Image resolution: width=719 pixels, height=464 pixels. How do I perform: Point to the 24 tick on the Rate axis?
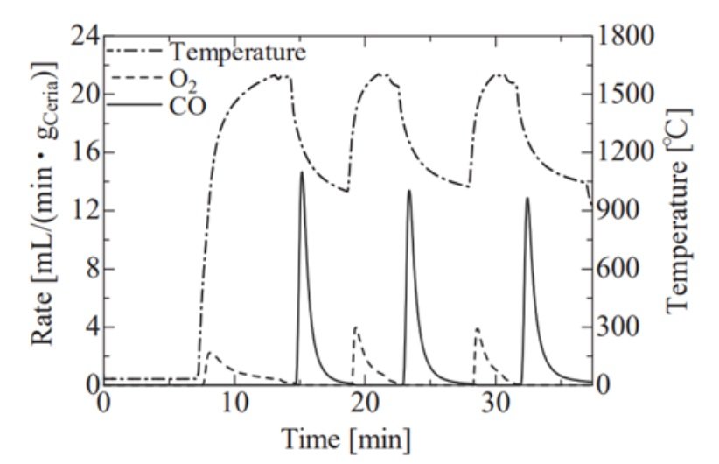[x=83, y=37]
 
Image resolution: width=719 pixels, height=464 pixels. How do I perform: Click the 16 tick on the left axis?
[x=83, y=152]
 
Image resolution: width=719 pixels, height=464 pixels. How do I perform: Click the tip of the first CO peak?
[x=302, y=172]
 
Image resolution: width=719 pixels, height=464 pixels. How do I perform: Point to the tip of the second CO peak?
[x=408, y=191]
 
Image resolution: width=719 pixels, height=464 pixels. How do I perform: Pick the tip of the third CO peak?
[x=527, y=198]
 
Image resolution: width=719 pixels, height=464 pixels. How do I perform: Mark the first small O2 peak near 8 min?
[x=210, y=353]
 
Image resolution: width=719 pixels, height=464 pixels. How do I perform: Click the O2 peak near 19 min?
[x=355, y=327]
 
